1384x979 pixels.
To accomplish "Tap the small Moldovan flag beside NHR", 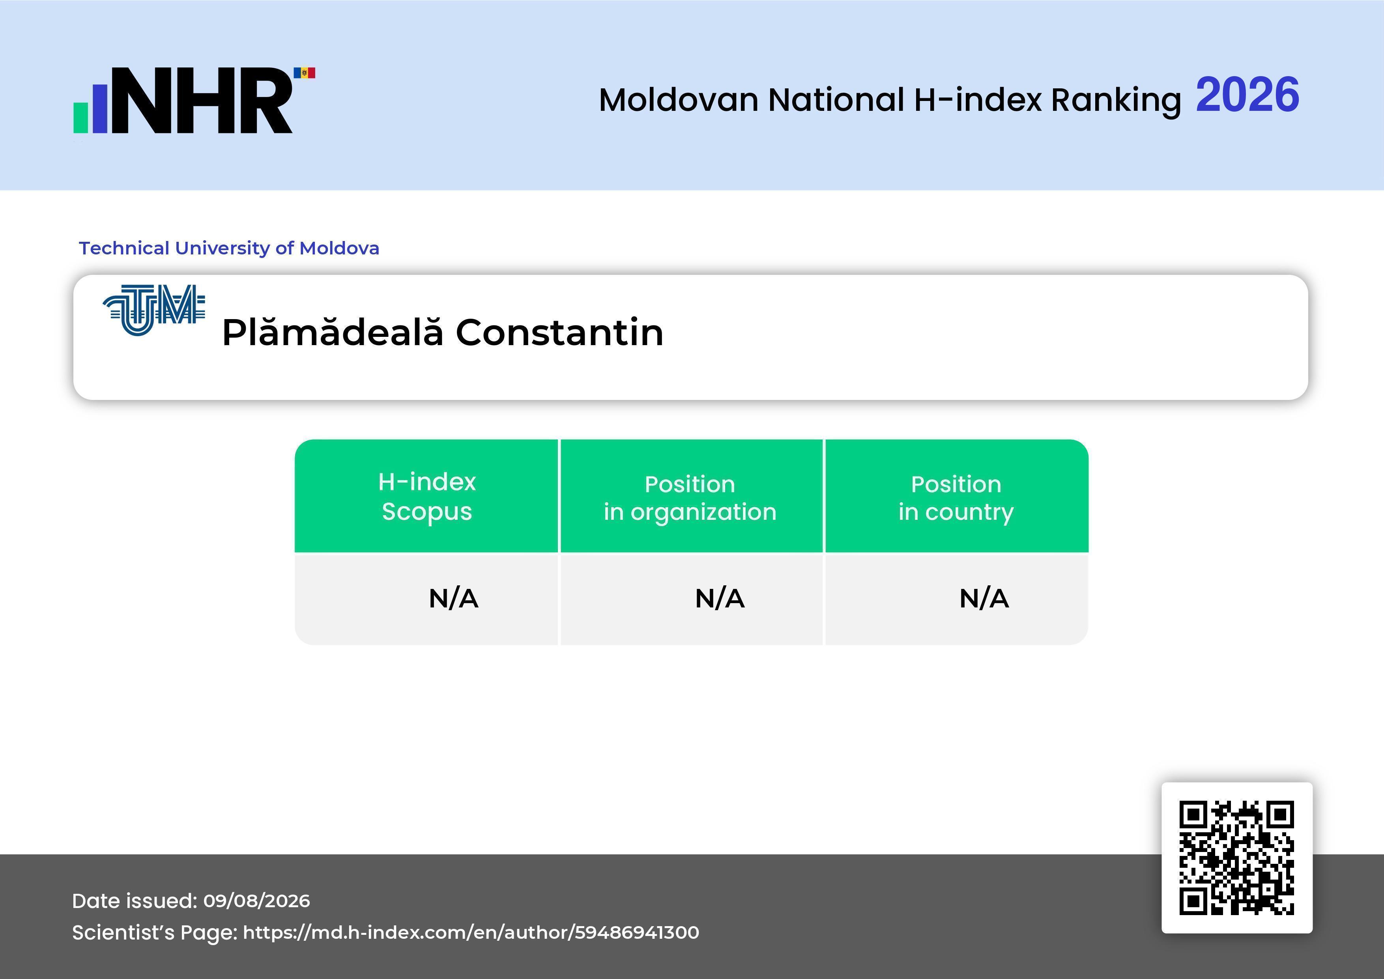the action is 305,73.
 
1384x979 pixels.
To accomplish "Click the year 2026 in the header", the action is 1247,95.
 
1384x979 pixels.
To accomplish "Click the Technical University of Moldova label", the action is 229,248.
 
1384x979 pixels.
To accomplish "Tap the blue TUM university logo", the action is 154,310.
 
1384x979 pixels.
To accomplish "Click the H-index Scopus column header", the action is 427,496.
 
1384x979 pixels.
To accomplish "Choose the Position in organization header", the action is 690,498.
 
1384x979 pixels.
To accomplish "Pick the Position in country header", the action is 956,498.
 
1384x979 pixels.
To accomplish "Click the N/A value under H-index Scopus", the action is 453,599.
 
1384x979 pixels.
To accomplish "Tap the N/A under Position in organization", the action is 720,599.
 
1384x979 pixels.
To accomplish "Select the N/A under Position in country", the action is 984,599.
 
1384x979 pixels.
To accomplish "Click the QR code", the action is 1237,858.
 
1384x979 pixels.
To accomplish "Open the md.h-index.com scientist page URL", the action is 471,932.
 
